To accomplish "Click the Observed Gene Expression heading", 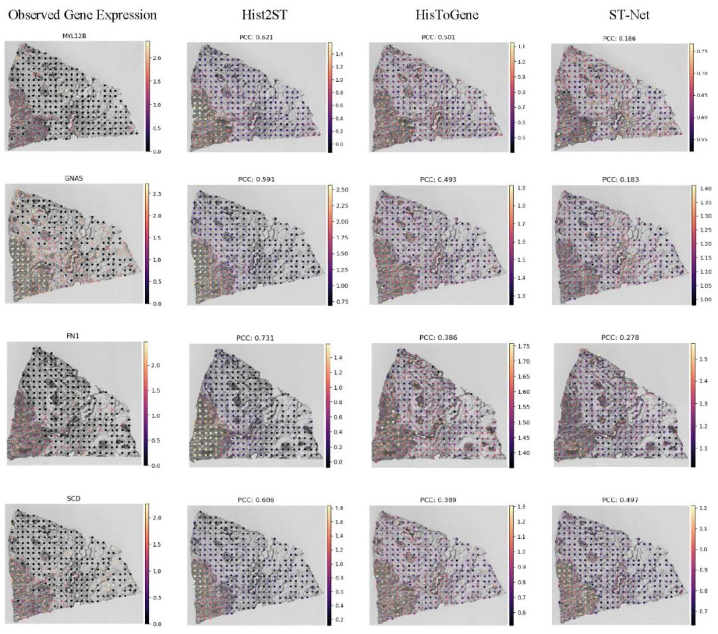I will pyautogui.click(x=82, y=15).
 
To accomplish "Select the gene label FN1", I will pyautogui.click(x=74, y=337).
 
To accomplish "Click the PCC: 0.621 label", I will pyautogui.click(x=255, y=37).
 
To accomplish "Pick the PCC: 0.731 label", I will pyautogui.click(x=256, y=338).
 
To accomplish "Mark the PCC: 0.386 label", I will pyautogui.click(x=438, y=338).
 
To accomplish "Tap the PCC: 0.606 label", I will pyautogui.click(x=255, y=499).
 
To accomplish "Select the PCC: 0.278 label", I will pyautogui.click(x=620, y=337).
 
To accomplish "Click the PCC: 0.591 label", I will pyautogui.click(x=255, y=179).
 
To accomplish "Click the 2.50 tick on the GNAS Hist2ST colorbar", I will pyautogui.click(x=342, y=190).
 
